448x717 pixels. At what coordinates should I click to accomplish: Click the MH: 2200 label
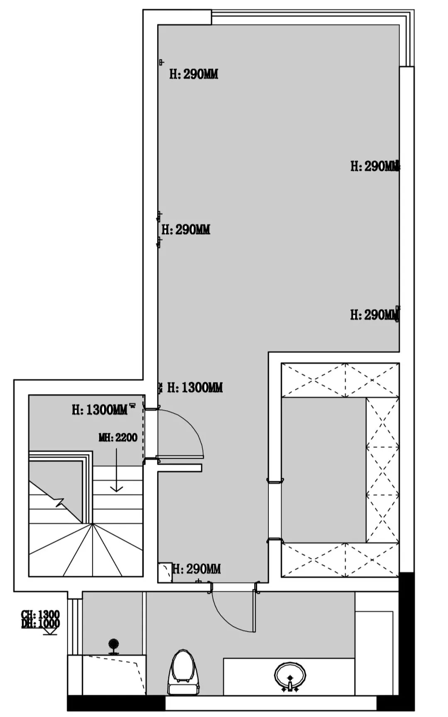pyautogui.click(x=118, y=437)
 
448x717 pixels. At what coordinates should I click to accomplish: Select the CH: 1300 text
pyautogui.click(x=40, y=614)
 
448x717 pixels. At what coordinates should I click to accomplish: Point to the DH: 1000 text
pyautogui.click(x=40, y=624)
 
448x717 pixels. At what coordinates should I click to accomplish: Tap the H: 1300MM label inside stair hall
pyautogui.click(x=100, y=410)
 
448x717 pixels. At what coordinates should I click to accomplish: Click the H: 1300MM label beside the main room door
pyautogui.click(x=195, y=388)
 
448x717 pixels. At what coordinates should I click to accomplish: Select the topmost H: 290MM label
pyautogui.click(x=193, y=74)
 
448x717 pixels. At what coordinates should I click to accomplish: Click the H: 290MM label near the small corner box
pyautogui.click(x=197, y=569)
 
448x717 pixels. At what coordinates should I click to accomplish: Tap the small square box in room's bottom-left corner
pyautogui.click(x=165, y=572)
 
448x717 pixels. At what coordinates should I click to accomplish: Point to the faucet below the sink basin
pyautogui.click(x=290, y=688)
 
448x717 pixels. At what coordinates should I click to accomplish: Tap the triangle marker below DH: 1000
pyautogui.click(x=50, y=631)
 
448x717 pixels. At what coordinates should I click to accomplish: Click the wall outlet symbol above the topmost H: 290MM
pyautogui.click(x=161, y=62)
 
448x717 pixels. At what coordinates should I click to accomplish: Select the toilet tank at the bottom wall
pyautogui.click(x=184, y=690)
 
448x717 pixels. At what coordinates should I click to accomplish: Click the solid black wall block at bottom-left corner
pyautogui.click(x=116, y=703)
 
